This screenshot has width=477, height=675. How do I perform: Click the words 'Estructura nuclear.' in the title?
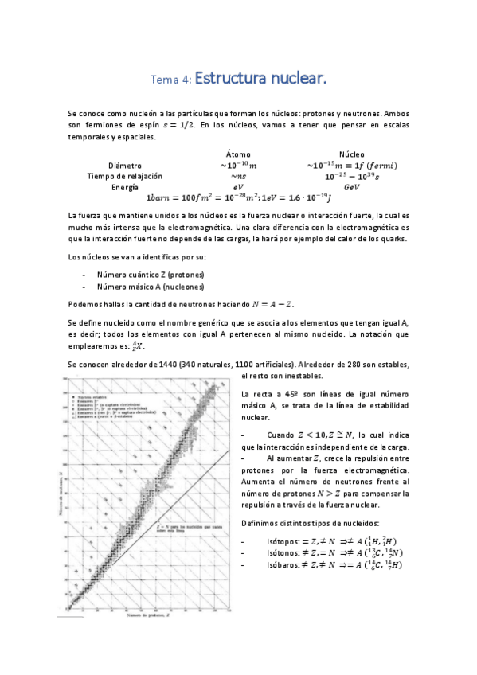[x=260, y=79]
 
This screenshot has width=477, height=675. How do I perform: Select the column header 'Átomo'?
[x=237, y=154]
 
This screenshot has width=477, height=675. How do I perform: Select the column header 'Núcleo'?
[x=351, y=154]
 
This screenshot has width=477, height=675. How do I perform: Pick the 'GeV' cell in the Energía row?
[x=351, y=187]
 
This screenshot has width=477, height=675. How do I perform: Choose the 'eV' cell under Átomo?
[x=237, y=187]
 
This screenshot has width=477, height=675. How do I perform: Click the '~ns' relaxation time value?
[x=237, y=176]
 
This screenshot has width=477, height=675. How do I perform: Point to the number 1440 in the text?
[x=168, y=364]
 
